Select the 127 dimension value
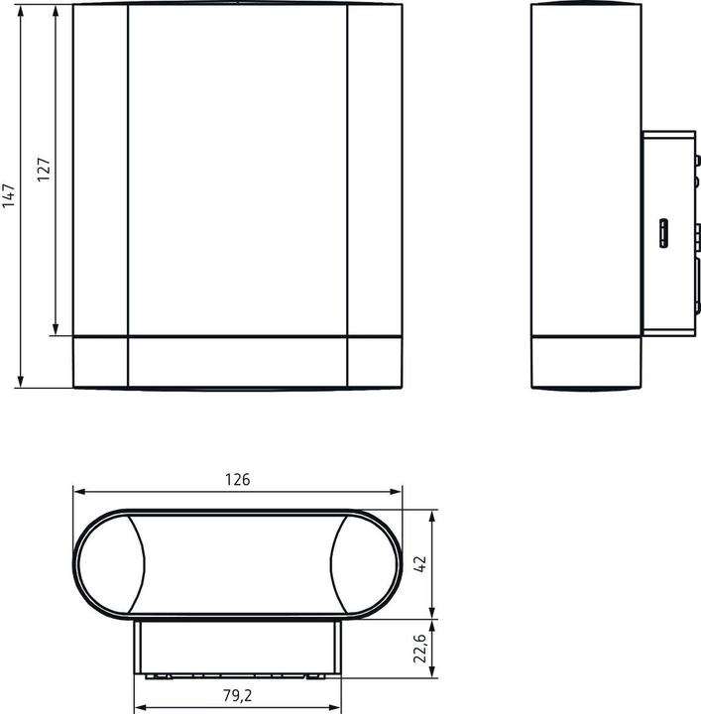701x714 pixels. (x=44, y=170)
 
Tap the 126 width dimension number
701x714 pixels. (x=237, y=480)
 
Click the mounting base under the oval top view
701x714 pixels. (x=238, y=650)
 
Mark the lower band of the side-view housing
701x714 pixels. (x=585, y=363)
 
